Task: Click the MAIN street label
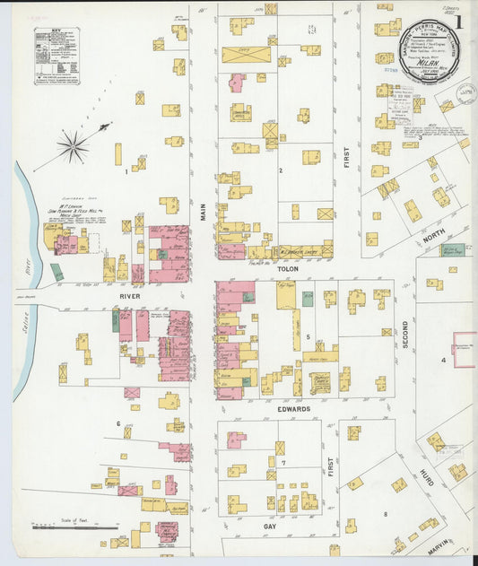pos(204,212)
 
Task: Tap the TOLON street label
pos(286,267)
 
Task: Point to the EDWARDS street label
pos(294,409)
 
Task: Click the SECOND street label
pos(405,334)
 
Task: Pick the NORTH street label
pos(431,239)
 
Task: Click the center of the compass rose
pos(74,145)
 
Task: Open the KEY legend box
pos(56,56)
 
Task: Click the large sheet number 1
pos(458,22)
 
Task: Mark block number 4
pos(442,360)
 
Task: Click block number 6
pos(117,422)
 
